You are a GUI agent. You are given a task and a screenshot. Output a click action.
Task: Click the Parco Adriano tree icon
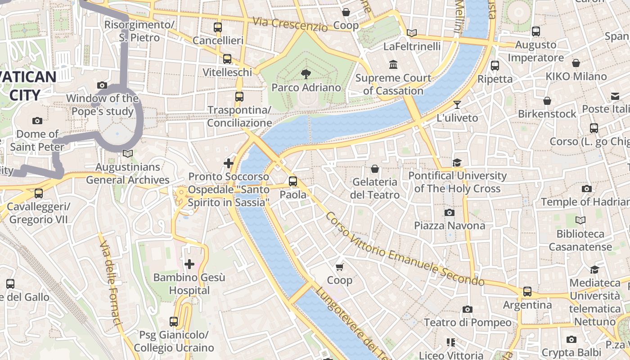coord(306,74)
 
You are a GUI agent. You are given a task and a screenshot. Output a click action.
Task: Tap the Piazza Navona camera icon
coord(449,212)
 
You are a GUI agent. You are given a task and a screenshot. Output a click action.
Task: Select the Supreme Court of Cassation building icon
coord(393,65)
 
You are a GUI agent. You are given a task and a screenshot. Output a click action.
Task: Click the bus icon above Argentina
coord(527,292)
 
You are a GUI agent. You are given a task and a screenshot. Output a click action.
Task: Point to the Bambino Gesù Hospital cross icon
coord(189,264)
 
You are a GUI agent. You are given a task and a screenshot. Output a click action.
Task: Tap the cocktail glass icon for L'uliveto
coord(457,105)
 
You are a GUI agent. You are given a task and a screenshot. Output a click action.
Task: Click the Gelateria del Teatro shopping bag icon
coord(374,169)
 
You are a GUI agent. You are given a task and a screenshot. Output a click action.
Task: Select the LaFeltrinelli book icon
coord(411,33)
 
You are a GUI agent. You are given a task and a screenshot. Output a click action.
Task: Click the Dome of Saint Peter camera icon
coord(37,121)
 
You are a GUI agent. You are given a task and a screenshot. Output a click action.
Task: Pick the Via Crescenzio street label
coord(290,24)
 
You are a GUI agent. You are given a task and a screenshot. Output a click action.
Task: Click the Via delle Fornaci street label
coord(111,282)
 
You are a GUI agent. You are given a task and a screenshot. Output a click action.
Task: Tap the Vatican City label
coord(27,85)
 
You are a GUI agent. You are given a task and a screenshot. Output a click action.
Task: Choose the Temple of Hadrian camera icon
coord(586,189)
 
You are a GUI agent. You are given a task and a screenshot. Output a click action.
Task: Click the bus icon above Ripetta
coord(495,66)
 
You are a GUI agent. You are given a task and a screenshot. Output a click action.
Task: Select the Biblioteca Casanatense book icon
coord(580,220)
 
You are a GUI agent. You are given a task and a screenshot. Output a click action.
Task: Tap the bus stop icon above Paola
coord(293,181)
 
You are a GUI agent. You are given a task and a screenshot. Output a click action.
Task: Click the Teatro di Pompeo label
coord(468,323)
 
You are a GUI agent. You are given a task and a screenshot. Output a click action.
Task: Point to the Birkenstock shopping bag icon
coord(547,101)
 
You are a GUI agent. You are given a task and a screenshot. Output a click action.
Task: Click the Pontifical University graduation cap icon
coord(457,162)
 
